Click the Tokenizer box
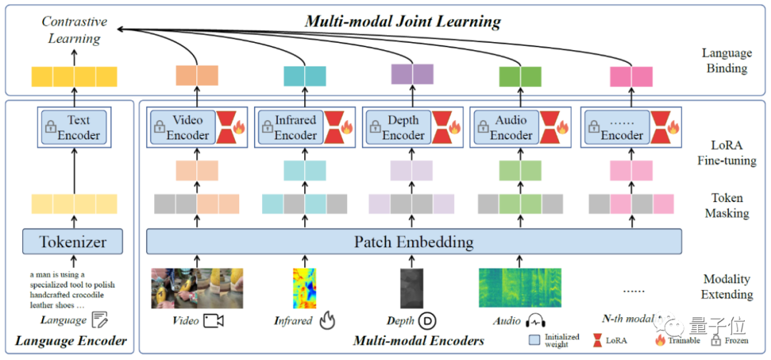(x=72, y=241)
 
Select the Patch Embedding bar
(x=414, y=241)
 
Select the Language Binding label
(x=727, y=61)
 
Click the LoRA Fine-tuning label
(x=727, y=153)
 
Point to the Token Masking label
(x=727, y=205)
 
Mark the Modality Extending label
(x=727, y=286)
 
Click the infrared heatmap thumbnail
(x=304, y=288)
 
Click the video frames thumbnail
(x=196, y=288)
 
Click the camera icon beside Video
(x=213, y=320)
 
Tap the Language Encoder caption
(x=71, y=341)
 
